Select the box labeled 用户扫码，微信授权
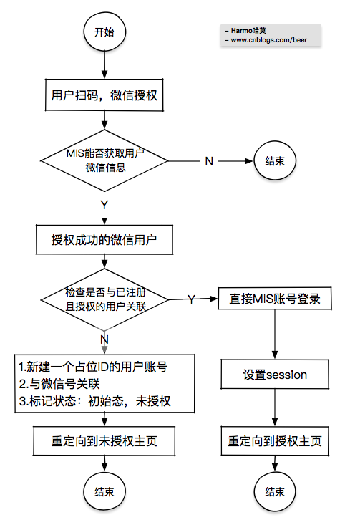[x=105, y=95]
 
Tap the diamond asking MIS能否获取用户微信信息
[x=105, y=161]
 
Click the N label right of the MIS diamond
[x=209, y=160]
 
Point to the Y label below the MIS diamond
[x=104, y=204]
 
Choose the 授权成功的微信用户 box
[x=104, y=240]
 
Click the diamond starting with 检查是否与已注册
[x=105, y=299]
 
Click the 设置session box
[x=275, y=374]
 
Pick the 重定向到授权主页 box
[x=275, y=441]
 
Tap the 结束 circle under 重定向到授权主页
[x=275, y=492]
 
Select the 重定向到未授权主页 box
[x=105, y=441]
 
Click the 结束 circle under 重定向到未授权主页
[x=105, y=492]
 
